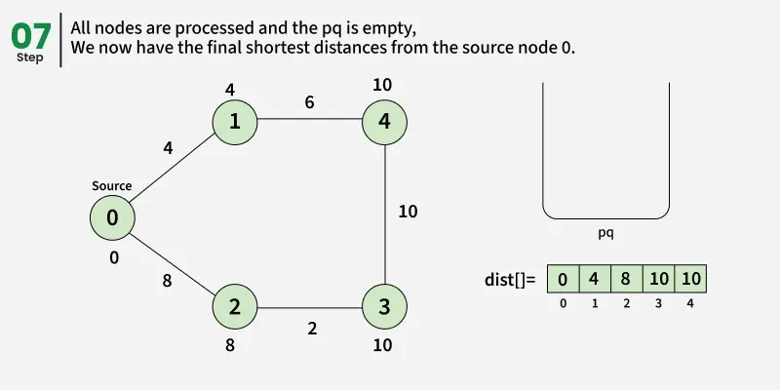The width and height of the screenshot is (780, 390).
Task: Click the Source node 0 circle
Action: pos(112,218)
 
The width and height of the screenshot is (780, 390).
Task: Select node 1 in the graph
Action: pos(235,122)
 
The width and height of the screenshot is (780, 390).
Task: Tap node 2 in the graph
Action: pos(235,306)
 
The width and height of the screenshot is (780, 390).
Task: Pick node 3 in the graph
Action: pos(384,306)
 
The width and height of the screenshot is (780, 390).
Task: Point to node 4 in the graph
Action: pos(384,122)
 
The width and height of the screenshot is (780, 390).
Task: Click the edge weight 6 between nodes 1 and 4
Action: pos(309,101)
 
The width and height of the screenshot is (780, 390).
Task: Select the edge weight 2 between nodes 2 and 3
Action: pos(312,329)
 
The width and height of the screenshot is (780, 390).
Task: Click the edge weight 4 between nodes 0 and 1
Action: pos(168,148)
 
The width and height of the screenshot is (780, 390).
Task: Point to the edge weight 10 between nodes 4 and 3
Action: pos(408,211)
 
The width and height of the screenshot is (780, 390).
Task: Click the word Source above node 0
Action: pos(112,185)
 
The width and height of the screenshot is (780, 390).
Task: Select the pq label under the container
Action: pos(605,234)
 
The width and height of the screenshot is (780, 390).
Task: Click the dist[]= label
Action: pos(510,280)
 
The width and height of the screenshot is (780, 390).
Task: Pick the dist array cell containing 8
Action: pos(626,280)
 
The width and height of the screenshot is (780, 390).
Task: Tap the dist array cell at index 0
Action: pos(563,280)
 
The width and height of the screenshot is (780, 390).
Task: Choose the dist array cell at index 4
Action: pos(689,280)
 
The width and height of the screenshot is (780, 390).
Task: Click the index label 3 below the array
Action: pos(658,303)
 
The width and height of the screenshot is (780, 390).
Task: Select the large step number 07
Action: pos(31,35)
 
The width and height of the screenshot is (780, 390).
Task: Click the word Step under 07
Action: pos(30,58)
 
